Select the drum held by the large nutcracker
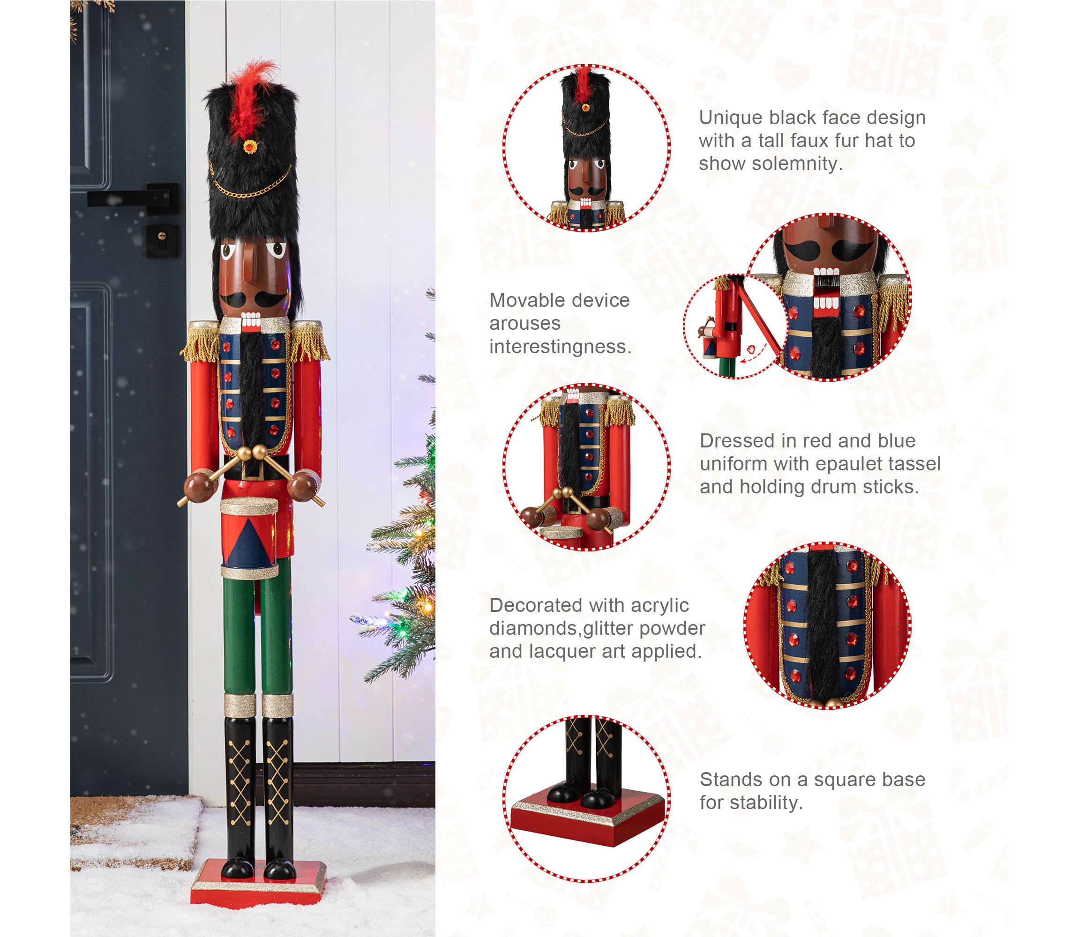pyautogui.click(x=249, y=538)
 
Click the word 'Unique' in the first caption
pyautogui.click(x=731, y=118)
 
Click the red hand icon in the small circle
pyautogui.click(x=752, y=348)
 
